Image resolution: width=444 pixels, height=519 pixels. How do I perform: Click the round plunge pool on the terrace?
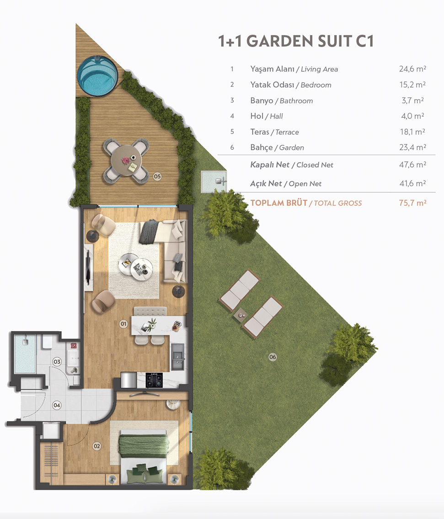point(97,76)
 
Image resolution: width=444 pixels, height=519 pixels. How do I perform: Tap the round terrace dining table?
point(126,161)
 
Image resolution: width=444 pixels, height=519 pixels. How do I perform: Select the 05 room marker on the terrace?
point(157,176)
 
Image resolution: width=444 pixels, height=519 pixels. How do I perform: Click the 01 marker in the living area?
point(123,324)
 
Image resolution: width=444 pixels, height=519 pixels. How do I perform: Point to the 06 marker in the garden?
point(273,357)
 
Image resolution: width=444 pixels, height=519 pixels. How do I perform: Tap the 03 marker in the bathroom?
point(57,362)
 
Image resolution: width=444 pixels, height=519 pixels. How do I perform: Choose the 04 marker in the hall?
point(57,405)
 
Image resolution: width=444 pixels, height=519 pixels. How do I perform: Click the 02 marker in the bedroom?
point(96,446)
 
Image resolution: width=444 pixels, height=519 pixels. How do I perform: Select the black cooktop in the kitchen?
point(155,380)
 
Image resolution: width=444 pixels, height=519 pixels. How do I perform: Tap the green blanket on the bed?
point(144,446)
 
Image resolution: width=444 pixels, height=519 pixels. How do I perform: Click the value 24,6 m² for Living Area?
point(412,69)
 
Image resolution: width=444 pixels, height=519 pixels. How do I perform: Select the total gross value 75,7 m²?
point(412,202)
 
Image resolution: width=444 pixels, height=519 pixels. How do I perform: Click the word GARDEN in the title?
point(280,42)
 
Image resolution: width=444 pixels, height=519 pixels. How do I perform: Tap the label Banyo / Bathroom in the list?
point(281,101)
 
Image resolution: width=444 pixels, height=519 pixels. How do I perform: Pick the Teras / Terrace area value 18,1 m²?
point(412,132)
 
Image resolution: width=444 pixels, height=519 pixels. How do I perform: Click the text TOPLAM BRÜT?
point(278,203)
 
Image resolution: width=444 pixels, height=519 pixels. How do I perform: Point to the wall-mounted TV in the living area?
point(88,267)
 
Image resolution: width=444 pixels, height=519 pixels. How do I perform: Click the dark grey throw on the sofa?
point(149,232)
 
